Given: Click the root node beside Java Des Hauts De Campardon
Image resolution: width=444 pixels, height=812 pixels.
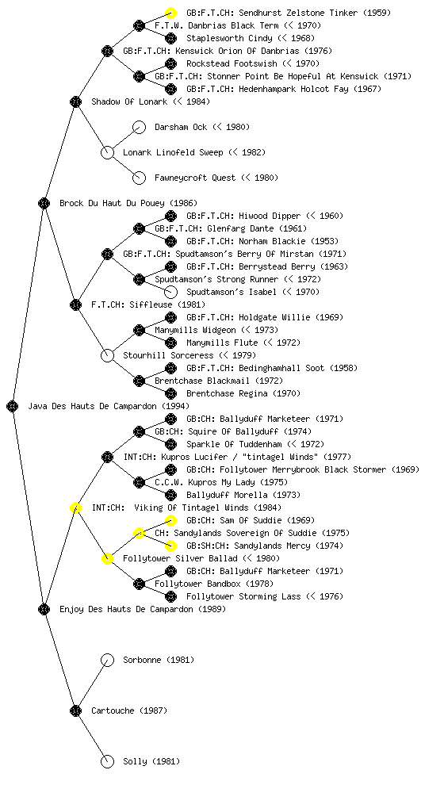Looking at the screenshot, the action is coord(13,406).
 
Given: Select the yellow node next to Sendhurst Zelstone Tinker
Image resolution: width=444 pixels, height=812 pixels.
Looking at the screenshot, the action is coord(170,13).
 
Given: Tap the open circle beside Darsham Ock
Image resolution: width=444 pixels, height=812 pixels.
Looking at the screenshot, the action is coord(139,127).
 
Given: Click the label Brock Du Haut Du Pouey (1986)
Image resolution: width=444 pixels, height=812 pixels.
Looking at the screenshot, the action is coord(128,203).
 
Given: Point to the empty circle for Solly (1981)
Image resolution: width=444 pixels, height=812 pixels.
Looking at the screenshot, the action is coord(107,761).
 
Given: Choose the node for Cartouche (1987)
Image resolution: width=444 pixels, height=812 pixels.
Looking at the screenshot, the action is coord(75,710).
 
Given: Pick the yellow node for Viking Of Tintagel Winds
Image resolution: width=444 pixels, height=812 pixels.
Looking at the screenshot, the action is coord(75,507).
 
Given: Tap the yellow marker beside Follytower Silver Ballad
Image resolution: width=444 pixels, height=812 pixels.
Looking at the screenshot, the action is coord(107,558).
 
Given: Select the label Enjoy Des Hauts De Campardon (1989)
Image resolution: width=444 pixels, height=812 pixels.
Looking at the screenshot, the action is coord(143,609).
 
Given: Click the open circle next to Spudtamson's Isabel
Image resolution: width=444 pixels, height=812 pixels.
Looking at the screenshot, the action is coord(170,292).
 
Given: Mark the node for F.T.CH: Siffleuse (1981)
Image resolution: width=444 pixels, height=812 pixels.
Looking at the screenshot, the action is coord(75,304).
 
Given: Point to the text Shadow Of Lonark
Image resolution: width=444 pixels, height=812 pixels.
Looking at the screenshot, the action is coord(129,101).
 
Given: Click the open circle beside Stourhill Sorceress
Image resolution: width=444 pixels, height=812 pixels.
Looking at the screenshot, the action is coord(107,355).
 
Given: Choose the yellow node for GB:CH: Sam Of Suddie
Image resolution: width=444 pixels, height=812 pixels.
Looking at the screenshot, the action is coord(170,520).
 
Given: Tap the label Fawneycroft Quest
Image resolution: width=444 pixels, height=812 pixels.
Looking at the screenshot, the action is coord(195,178).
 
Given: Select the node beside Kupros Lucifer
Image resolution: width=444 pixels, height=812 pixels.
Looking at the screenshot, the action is coord(107,457).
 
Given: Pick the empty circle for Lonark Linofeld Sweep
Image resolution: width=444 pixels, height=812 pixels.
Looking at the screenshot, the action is coord(107,152).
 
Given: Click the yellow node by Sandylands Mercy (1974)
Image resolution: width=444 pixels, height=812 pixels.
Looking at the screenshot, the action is coord(170,546).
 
